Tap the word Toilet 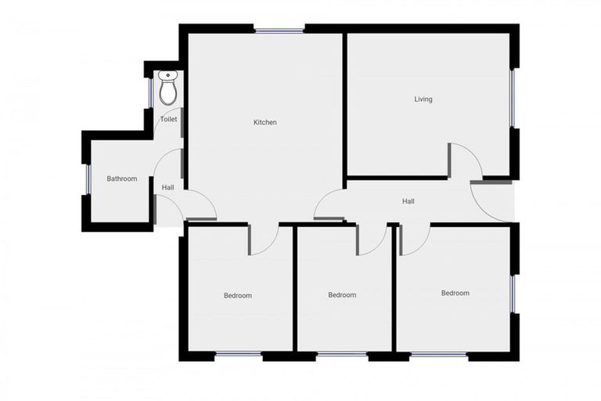point(168,119)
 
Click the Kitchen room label point(265,122)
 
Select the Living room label point(423,99)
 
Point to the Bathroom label point(121,179)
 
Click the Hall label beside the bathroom point(167,188)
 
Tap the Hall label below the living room point(408,201)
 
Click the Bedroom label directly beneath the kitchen point(238,295)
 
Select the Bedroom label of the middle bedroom point(342,295)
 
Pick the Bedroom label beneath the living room point(455,293)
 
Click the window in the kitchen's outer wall point(279,31)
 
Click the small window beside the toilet point(151,92)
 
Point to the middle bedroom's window point(341,355)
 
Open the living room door point(466,161)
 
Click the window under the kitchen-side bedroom point(238,355)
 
